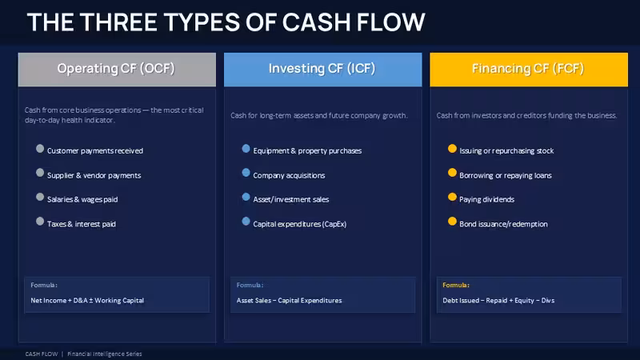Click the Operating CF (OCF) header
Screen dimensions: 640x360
pyautogui.click(x=117, y=69)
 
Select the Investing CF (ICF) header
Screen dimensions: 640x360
pyautogui.click(x=323, y=69)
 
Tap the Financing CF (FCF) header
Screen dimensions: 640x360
pyautogui.click(x=529, y=69)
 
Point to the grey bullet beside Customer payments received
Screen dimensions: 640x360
pyautogui.click(x=40, y=149)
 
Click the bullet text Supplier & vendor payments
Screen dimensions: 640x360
pyautogui.click(x=94, y=175)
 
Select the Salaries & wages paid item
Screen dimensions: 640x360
pyautogui.click(x=82, y=199)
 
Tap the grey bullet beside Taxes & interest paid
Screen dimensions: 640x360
pyautogui.click(x=40, y=222)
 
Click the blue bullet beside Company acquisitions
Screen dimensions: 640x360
pyautogui.click(x=246, y=173)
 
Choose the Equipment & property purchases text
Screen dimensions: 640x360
pyautogui.click(x=307, y=151)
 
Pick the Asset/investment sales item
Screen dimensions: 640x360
pyautogui.click(x=291, y=199)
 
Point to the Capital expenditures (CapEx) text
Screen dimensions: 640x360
pyautogui.click(x=299, y=224)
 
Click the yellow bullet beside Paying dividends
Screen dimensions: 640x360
pyautogui.click(x=452, y=197)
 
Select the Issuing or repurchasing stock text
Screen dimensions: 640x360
pyautogui.click(x=506, y=151)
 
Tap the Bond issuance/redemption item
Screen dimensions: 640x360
pyautogui.click(x=503, y=224)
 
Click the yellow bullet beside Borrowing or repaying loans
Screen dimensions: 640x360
pyautogui.click(x=452, y=173)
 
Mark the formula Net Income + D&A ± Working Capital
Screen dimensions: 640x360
pyautogui.click(x=87, y=301)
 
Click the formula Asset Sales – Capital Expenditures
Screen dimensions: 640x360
pyautogui.click(x=289, y=301)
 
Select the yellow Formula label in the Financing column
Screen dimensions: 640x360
pyautogui.click(x=456, y=286)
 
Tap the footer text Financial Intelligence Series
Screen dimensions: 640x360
pyautogui.click(x=105, y=354)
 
